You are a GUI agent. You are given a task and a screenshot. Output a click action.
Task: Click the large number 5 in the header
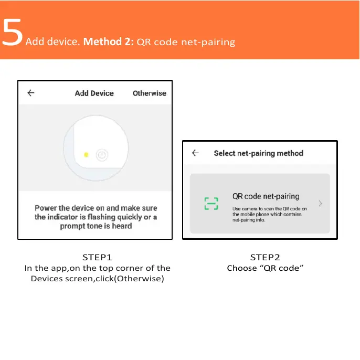pyautogui.click(x=13, y=32)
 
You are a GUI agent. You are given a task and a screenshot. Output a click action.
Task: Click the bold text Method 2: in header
pyautogui.click(x=108, y=41)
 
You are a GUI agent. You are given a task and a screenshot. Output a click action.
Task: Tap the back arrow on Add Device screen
pyautogui.click(x=31, y=93)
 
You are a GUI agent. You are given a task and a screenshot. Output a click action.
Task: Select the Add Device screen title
pyautogui.click(x=94, y=93)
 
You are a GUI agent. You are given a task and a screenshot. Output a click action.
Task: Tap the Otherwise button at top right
pyautogui.click(x=149, y=93)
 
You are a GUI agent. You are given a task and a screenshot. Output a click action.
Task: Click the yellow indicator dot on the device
pyautogui.click(x=86, y=155)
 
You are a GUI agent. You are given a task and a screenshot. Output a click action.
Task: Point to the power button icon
pyautogui.click(x=102, y=155)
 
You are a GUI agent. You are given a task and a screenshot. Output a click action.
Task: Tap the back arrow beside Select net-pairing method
pyautogui.click(x=195, y=153)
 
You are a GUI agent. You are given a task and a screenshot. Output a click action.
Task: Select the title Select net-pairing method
pyautogui.click(x=258, y=153)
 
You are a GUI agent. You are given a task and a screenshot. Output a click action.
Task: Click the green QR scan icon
pyautogui.click(x=211, y=204)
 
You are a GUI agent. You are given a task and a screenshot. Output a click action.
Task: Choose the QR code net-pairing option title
pyautogui.click(x=266, y=196)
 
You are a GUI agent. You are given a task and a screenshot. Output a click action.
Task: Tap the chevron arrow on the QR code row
pyautogui.click(x=320, y=204)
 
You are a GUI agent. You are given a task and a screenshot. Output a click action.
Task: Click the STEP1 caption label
pyautogui.click(x=97, y=257)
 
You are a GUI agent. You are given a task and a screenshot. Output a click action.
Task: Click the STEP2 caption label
pyautogui.click(x=265, y=257)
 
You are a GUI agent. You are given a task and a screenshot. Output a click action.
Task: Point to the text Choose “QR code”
pyautogui.click(x=266, y=268)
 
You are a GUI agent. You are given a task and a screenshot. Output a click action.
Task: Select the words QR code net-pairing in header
pyautogui.click(x=186, y=42)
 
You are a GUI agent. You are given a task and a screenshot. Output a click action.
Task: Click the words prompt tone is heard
pyautogui.click(x=96, y=226)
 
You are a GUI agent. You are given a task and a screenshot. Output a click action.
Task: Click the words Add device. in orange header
pyautogui.click(x=52, y=41)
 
